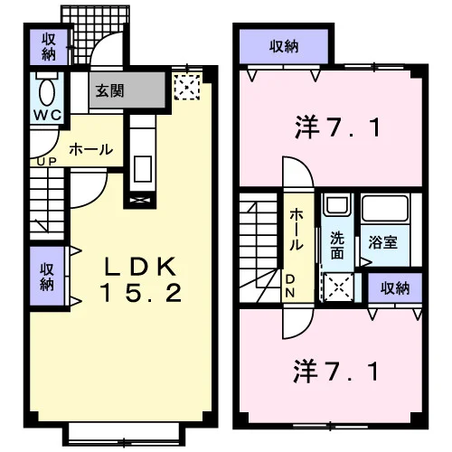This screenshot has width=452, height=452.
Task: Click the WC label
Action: (47, 115)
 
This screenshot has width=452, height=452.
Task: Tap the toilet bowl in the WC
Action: (47, 92)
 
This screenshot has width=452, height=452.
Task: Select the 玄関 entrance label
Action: (109, 90)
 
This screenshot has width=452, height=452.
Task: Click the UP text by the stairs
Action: (47, 162)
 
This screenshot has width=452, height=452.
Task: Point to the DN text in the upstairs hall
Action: (290, 286)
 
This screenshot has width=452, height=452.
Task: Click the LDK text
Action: (140, 267)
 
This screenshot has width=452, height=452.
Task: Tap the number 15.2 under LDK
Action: (141, 293)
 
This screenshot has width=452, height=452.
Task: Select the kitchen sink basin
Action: (143, 169)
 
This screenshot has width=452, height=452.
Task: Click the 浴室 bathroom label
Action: (382, 242)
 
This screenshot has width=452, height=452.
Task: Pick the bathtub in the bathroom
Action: (385, 208)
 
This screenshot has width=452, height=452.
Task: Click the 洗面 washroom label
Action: (337, 245)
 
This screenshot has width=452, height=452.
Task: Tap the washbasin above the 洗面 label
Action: (337, 205)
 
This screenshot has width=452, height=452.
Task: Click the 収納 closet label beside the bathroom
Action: (395, 288)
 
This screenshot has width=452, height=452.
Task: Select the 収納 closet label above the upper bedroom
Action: (284, 47)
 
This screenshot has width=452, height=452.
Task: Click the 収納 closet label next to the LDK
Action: (47, 277)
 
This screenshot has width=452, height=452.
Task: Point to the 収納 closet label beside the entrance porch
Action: (49, 47)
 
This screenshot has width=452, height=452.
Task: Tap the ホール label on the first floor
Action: (91, 149)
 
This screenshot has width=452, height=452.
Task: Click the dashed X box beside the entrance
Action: (187, 87)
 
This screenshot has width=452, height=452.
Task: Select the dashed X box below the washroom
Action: (338, 287)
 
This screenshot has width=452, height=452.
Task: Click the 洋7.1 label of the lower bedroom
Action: (335, 372)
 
